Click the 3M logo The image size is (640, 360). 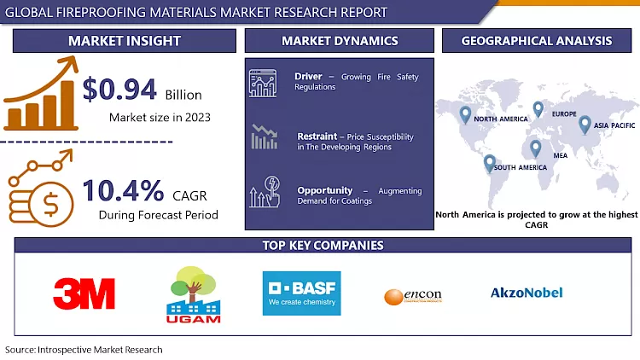click(x=84, y=293)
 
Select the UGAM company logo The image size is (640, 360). click(x=195, y=294)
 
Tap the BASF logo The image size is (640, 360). click(x=301, y=293)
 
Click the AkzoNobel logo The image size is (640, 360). click(x=527, y=293)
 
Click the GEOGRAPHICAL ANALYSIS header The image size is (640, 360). click(x=536, y=41)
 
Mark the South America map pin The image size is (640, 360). click(x=489, y=162)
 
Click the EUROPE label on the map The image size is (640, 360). click(x=563, y=114)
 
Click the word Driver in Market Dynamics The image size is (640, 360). click(x=308, y=76)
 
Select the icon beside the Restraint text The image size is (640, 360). click(x=264, y=136)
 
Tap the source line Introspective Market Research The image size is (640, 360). click(x=84, y=350)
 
